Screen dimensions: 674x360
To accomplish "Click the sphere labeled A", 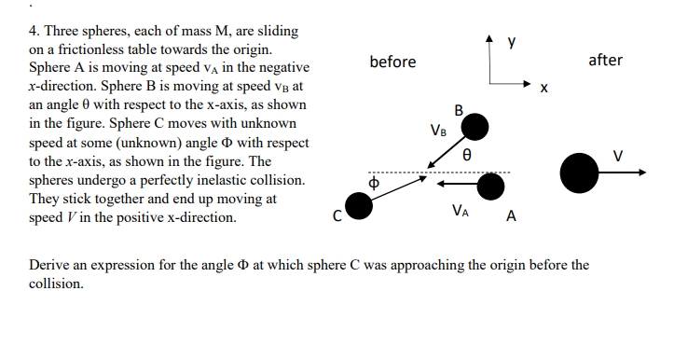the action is click(490, 187).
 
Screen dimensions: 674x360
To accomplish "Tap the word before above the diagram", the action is click(392, 62).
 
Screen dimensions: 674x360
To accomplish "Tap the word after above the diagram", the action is click(605, 61).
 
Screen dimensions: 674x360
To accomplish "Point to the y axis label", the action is click(512, 40).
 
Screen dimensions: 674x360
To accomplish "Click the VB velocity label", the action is click(438, 130).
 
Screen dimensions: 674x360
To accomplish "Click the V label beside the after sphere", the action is click(616, 154).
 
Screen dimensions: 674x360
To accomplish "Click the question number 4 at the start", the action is click(34, 31).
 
